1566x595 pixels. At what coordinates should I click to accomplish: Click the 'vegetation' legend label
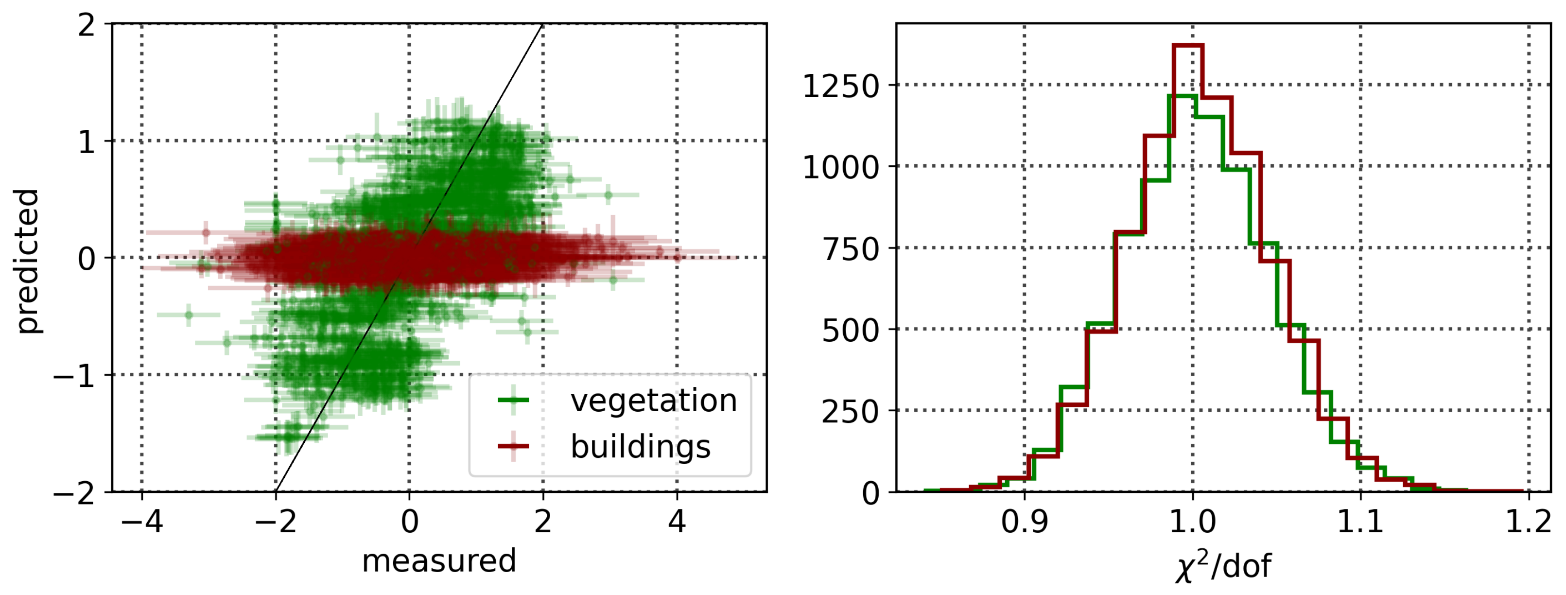(654, 401)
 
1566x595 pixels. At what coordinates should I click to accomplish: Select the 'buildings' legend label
(640, 447)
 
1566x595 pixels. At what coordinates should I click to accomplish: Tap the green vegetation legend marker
(513, 400)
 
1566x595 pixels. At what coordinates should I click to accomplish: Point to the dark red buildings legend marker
(513, 447)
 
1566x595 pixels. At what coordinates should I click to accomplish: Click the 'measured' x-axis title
(439, 561)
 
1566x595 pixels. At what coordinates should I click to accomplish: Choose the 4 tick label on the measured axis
(677, 522)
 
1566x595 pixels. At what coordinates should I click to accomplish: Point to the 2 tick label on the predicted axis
(87, 26)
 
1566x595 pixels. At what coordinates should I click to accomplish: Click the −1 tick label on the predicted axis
(74, 376)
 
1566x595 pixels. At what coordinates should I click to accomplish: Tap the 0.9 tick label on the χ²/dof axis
(1025, 522)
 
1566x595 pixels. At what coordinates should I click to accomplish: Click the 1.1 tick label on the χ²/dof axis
(1360, 522)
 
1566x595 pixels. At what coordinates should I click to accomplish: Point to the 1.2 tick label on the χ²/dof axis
(1528, 522)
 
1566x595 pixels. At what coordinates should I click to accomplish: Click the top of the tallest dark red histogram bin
(1188, 46)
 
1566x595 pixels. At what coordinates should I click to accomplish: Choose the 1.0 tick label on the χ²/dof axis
(1192, 522)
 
